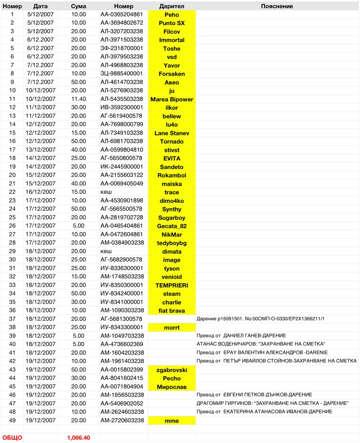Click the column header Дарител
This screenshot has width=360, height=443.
[171, 6]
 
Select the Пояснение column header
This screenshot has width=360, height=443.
[277, 6]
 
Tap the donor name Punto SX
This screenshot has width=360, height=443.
[171, 23]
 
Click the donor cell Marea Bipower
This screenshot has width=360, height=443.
[171, 99]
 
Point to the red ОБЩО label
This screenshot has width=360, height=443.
[12, 437]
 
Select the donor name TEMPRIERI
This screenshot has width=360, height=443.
[171, 285]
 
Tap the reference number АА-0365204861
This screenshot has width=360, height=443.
[121, 15]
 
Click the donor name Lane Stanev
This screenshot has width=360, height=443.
[171, 133]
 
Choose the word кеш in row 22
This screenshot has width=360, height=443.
[106, 192]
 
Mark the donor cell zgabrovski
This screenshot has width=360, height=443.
[171, 370]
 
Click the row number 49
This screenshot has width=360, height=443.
[12, 421]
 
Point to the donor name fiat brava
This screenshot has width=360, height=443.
[171, 311]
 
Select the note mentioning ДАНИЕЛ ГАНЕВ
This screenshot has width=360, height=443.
[241, 336]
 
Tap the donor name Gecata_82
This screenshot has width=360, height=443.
[171, 226]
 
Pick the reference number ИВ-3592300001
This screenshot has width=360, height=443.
[121, 108]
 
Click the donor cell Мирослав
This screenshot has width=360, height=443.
[171, 387]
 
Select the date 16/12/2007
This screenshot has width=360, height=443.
[40, 192]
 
